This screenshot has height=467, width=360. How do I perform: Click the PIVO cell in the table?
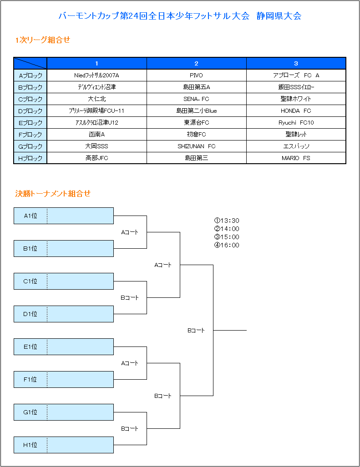coord(196,75)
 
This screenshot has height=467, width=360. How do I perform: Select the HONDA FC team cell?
coord(296,111)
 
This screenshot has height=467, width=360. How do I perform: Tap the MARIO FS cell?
coord(296,158)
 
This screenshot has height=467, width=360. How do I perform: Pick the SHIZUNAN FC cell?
coord(196,146)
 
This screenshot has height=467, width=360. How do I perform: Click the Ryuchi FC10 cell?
coord(296,123)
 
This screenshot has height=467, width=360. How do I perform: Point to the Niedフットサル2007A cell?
coord(96,75)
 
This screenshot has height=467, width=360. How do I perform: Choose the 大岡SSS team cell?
coord(96,146)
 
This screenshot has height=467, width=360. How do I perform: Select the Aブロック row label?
coord(30,75)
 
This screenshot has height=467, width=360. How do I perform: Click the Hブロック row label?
coord(30,158)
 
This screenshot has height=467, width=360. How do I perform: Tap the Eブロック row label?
coord(30,123)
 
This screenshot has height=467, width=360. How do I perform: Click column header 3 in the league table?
coord(296,64)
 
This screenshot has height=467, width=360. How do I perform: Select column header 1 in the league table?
coord(96,64)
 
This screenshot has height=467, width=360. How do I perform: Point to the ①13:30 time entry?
coord(227,221)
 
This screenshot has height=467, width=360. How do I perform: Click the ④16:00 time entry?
coord(227,246)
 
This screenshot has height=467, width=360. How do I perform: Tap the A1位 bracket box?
coord(64,216)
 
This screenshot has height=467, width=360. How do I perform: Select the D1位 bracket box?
coord(64,314)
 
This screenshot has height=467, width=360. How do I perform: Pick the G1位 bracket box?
coord(64,412)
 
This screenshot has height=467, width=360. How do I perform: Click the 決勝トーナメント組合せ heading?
coord(53,194)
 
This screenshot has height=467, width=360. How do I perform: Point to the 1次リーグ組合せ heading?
coord(43,40)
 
